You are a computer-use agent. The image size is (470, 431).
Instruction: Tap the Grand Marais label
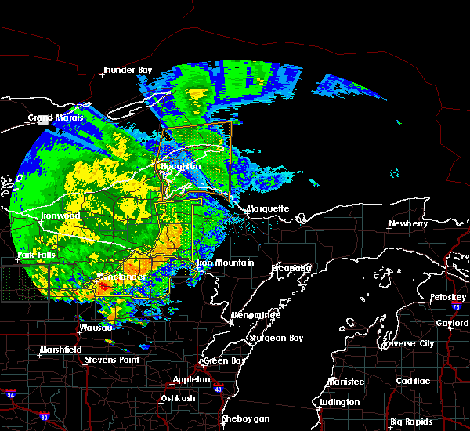coord(51,119)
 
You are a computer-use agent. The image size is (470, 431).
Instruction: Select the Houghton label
coord(180,167)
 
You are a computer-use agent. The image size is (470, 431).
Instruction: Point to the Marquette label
coord(268,209)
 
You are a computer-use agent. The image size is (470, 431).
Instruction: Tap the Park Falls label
coord(36,255)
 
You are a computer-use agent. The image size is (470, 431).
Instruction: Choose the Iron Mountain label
coord(225,263)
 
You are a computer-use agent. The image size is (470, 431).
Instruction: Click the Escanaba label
coord(291,268)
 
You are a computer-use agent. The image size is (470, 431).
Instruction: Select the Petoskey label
coord(447,298)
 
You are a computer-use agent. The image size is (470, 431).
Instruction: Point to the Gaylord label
coord(451,323)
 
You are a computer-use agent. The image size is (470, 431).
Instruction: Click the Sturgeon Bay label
coord(269,338)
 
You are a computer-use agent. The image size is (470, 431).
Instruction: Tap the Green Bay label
coord(222,361)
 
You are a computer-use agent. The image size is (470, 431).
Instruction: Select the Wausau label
coord(96,328)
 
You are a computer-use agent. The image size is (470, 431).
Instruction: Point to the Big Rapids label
coord(412,422)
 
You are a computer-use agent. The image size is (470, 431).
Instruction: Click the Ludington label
coord(340,403)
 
